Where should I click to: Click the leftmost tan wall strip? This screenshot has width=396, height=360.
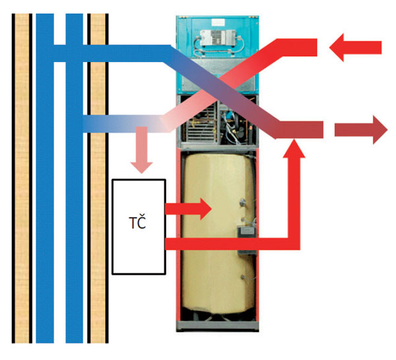pyautogui.click(x=22, y=178)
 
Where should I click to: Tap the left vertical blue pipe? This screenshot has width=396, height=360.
pyautogui.click(x=44, y=198)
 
